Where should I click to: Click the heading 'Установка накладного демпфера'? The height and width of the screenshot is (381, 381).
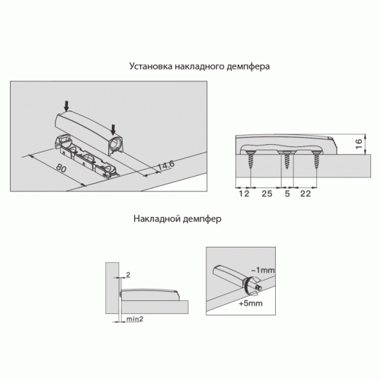(200, 66)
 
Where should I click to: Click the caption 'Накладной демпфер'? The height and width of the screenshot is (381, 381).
(178, 219)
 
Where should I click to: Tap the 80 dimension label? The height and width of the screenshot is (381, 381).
(61, 168)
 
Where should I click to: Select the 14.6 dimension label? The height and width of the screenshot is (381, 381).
(166, 165)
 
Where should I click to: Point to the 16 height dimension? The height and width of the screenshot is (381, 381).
(359, 144)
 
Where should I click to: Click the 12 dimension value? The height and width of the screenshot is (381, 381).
(244, 194)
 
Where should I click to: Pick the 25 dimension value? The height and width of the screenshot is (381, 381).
(267, 194)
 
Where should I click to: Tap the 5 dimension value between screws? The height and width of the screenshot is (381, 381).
(287, 194)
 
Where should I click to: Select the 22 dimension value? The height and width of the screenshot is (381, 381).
(306, 194)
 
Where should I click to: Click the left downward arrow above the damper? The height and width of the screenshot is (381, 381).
(66, 106)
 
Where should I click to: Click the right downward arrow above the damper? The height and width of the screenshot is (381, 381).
(114, 130)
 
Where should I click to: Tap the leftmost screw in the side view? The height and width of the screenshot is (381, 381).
(250, 159)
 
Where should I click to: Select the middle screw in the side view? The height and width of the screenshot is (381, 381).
(287, 160)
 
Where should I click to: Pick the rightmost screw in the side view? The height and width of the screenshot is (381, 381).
(316, 158)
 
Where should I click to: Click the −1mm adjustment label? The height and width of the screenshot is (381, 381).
(263, 270)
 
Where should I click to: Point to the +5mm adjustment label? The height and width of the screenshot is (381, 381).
(251, 303)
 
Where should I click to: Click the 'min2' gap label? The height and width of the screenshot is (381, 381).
(135, 319)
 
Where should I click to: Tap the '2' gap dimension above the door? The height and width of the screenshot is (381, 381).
(128, 274)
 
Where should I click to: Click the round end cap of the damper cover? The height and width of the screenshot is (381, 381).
(115, 143)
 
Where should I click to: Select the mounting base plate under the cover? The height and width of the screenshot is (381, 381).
(86, 158)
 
